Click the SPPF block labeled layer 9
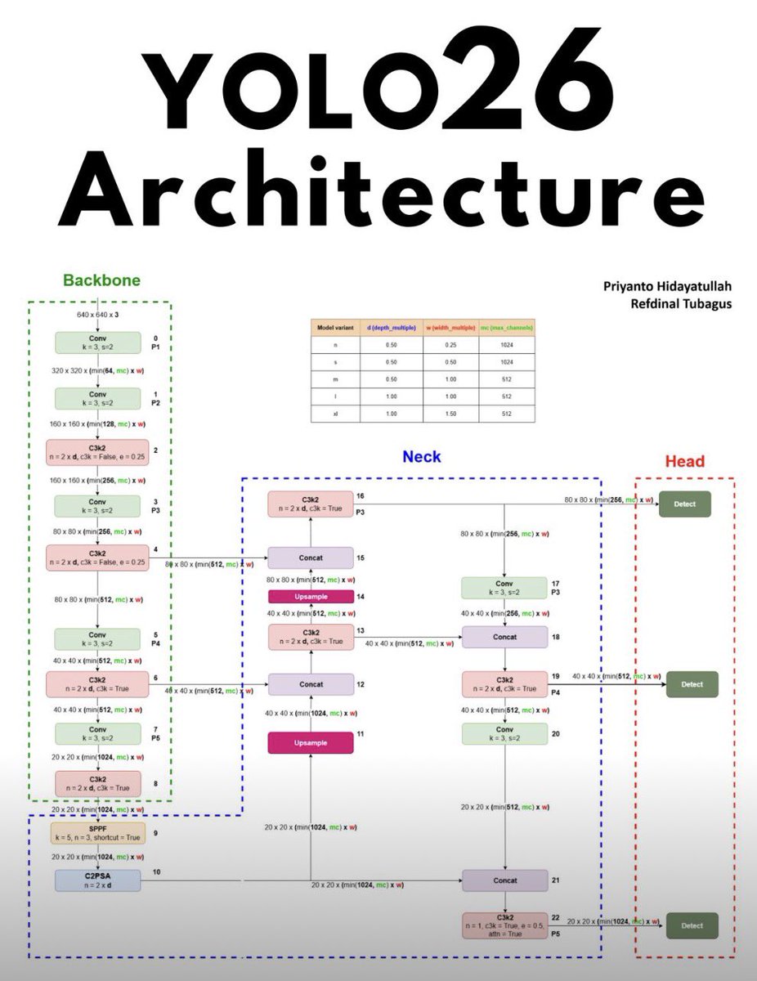click(97, 834)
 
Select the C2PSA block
click(97, 880)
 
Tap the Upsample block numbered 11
click(311, 742)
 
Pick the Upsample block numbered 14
click(311, 597)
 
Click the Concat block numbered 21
click(504, 880)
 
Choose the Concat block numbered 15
click(311, 558)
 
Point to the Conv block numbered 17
click(504, 588)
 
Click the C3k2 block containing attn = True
click(504, 926)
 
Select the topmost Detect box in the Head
click(685, 504)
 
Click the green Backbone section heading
click(101, 280)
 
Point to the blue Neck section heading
click(422, 456)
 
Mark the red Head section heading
click(684, 462)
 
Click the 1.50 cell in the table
click(451, 414)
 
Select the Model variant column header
click(338, 327)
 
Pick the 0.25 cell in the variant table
click(451, 345)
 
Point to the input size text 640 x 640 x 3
click(97, 315)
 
